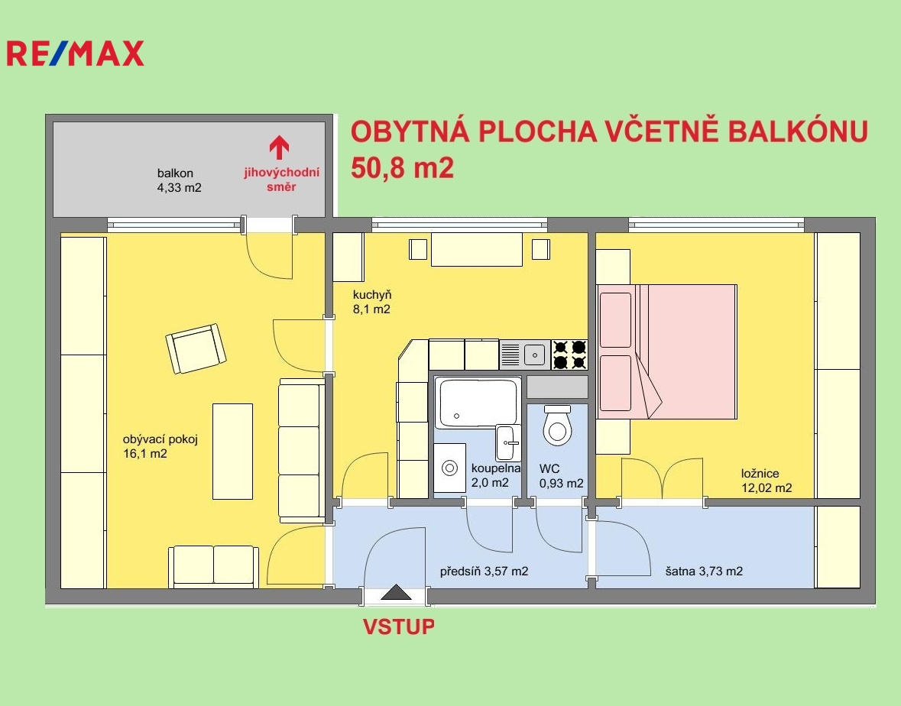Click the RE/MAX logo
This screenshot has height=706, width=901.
(76, 53)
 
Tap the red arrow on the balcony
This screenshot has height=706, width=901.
(279, 147)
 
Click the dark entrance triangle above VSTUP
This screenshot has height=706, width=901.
(396, 591)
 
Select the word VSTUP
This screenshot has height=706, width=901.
(398, 627)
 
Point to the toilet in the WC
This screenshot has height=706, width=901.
(557, 425)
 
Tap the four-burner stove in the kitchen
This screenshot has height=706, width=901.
(569, 355)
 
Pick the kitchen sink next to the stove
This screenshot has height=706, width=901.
(524, 355)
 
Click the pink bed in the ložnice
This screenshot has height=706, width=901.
(667, 351)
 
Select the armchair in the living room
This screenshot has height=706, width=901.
(196, 348)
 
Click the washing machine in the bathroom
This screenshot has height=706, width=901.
(449, 468)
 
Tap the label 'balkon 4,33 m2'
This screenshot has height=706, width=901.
(180, 180)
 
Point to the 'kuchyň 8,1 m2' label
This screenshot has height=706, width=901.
(371, 302)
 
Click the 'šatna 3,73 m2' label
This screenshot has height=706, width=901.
(704, 572)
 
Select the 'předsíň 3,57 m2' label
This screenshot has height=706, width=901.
(484, 572)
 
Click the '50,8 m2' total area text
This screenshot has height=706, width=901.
(402, 168)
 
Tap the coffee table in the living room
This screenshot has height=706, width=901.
(233, 452)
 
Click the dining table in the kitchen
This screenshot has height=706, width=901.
(477, 249)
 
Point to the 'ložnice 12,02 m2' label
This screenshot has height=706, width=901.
(766, 481)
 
